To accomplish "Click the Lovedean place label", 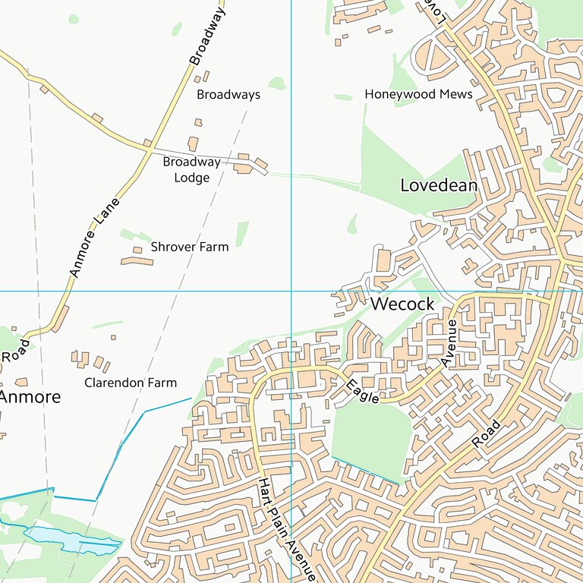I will point(439,185).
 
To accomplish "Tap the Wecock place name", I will point(402,304).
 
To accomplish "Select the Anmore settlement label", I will point(30,396).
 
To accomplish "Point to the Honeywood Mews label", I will point(418,94).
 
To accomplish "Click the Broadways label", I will point(228,95).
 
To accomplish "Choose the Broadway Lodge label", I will point(191,170).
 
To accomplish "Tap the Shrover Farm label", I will point(189,247).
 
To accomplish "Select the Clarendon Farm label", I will point(131,383).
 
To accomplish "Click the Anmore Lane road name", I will point(95,238).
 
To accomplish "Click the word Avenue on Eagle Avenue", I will point(451,344).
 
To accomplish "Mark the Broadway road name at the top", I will point(208,36).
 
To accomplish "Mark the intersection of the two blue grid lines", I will point(291,291).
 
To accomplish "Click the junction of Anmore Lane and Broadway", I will point(149,148).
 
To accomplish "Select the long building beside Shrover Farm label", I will point(137,261).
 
